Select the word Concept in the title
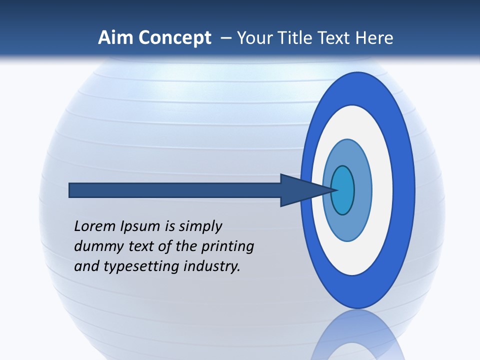[175, 38]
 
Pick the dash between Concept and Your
[225, 38]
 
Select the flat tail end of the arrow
[70, 190]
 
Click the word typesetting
[141, 266]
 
